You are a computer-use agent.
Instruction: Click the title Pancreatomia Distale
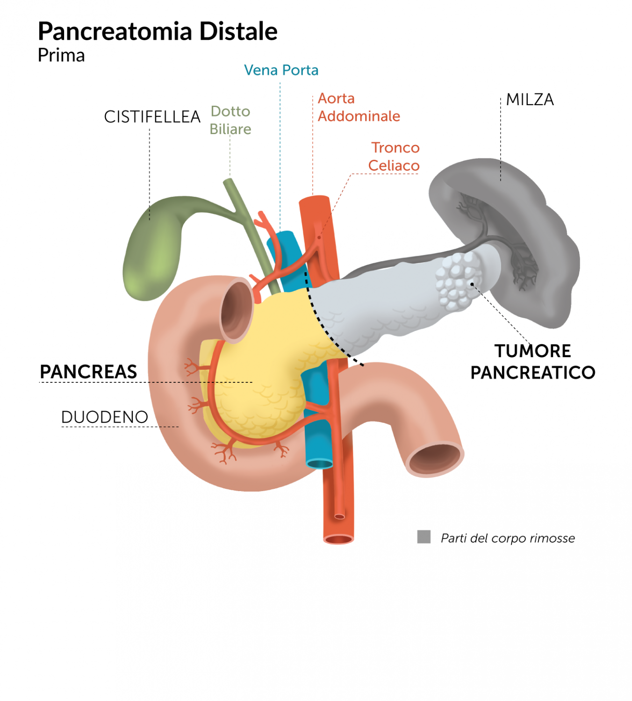pos(158,32)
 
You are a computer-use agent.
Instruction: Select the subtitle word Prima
pos(61,56)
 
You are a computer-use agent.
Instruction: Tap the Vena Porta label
pos(281,70)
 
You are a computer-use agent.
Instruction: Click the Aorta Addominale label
pos(358,107)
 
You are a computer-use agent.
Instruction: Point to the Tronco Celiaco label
pos(394,157)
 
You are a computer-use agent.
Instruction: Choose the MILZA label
pos(530,100)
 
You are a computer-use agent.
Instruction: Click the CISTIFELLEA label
pos(152,117)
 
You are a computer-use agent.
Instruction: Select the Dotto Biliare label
pos(230,120)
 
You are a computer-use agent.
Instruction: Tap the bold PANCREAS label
pos(88,372)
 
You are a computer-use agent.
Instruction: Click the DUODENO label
pos(105,417)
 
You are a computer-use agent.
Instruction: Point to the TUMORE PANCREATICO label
pos(532,362)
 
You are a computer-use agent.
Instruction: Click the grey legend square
pos(424,537)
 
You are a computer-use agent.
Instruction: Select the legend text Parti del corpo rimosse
pos(508,538)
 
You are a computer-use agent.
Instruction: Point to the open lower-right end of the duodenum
pos(435,458)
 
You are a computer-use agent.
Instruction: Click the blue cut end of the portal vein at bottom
pos(319,464)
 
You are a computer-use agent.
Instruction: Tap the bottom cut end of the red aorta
pos(338,540)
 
